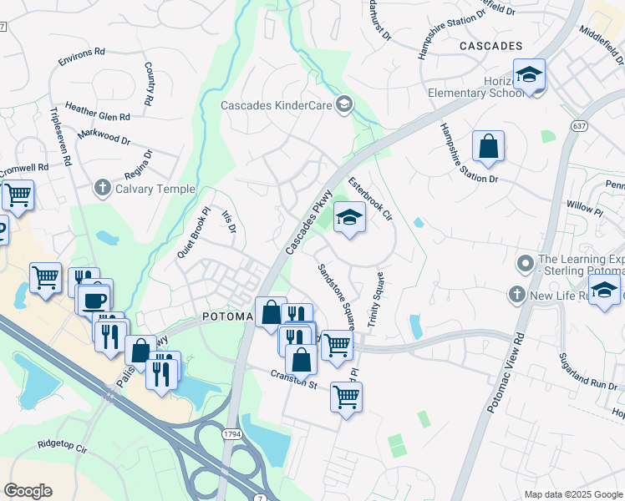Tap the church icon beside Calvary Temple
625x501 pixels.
pyautogui.click(x=103, y=187)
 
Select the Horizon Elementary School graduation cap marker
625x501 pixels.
pyautogui.click(x=529, y=75)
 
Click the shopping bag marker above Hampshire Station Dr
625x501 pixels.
pyautogui.click(x=488, y=147)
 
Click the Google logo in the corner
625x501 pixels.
pyautogui.click(x=28, y=491)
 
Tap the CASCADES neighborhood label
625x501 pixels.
pyautogui.click(x=490, y=46)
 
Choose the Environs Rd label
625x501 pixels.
pyautogui.click(x=81, y=57)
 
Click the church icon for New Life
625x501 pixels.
pyautogui.click(x=517, y=295)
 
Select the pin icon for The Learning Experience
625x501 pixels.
pyautogui.click(x=525, y=264)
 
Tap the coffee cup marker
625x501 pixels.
pyautogui.click(x=94, y=298)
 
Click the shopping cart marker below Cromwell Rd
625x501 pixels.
pyautogui.click(x=17, y=195)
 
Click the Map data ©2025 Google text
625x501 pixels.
pyautogui.click(x=573, y=494)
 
